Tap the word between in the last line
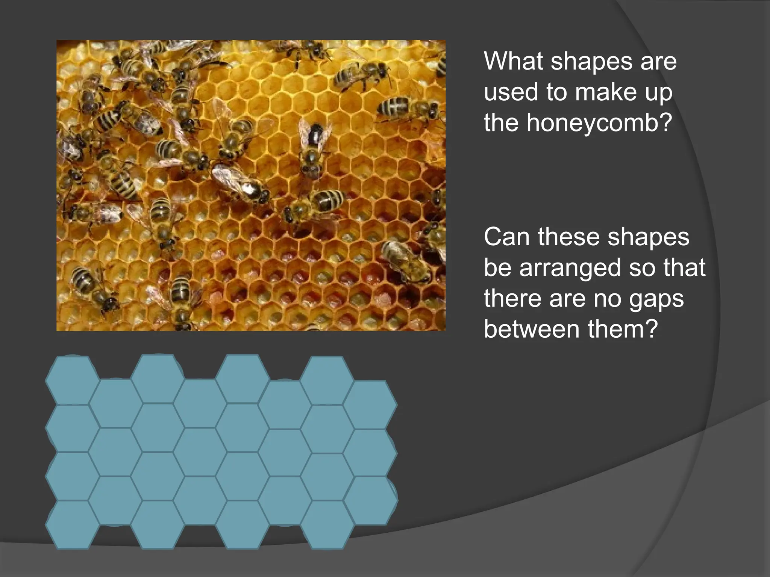pyautogui.click(x=532, y=329)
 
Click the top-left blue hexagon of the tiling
pyautogui.click(x=72, y=380)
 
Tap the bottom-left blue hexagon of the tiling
pyautogui.click(x=72, y=524)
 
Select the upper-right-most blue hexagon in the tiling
pyautogui.click(x=370, y=405)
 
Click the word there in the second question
pyautogui.click(x=511, y=299)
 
